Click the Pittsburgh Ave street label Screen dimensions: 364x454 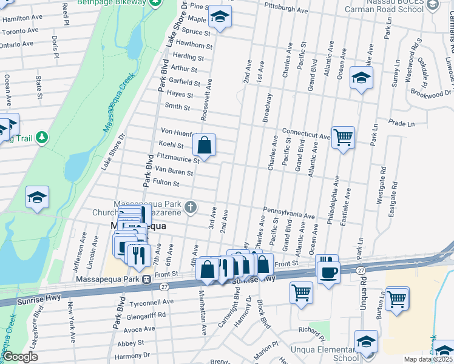(x=286, y=10)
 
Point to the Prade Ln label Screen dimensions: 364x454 (x=401, y=124)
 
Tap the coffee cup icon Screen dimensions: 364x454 (x=328, y=271)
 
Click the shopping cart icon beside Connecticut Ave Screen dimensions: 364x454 (x=343, y=137)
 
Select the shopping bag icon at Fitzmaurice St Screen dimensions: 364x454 (x=205, y=145)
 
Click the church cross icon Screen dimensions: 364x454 (x=191, y=207)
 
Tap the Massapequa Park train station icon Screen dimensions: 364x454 (x=146, y=279)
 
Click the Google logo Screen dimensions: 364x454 (x=20, y=357)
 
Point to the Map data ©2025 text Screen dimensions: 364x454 (x=427, y=359)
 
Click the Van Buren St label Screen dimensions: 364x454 (x=174, y=172)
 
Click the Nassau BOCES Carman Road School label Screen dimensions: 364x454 (x=384, y=6)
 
